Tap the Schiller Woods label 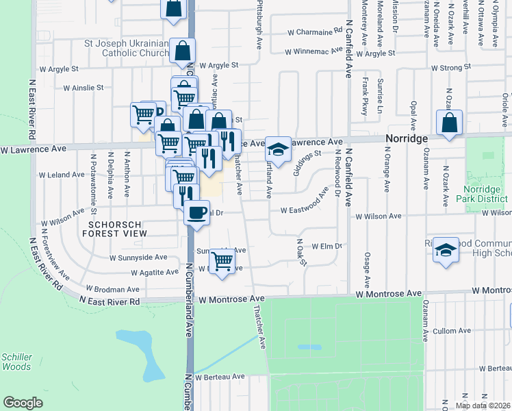click(16, 362)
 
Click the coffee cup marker click(197, 212)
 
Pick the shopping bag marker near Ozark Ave click(449, 123)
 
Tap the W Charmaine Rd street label click(314, 32)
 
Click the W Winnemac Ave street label click(313, 51)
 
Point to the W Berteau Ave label click(220, 377)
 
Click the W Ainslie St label click(83, 88)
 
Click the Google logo click(23, 403)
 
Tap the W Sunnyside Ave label click(139, 258)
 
